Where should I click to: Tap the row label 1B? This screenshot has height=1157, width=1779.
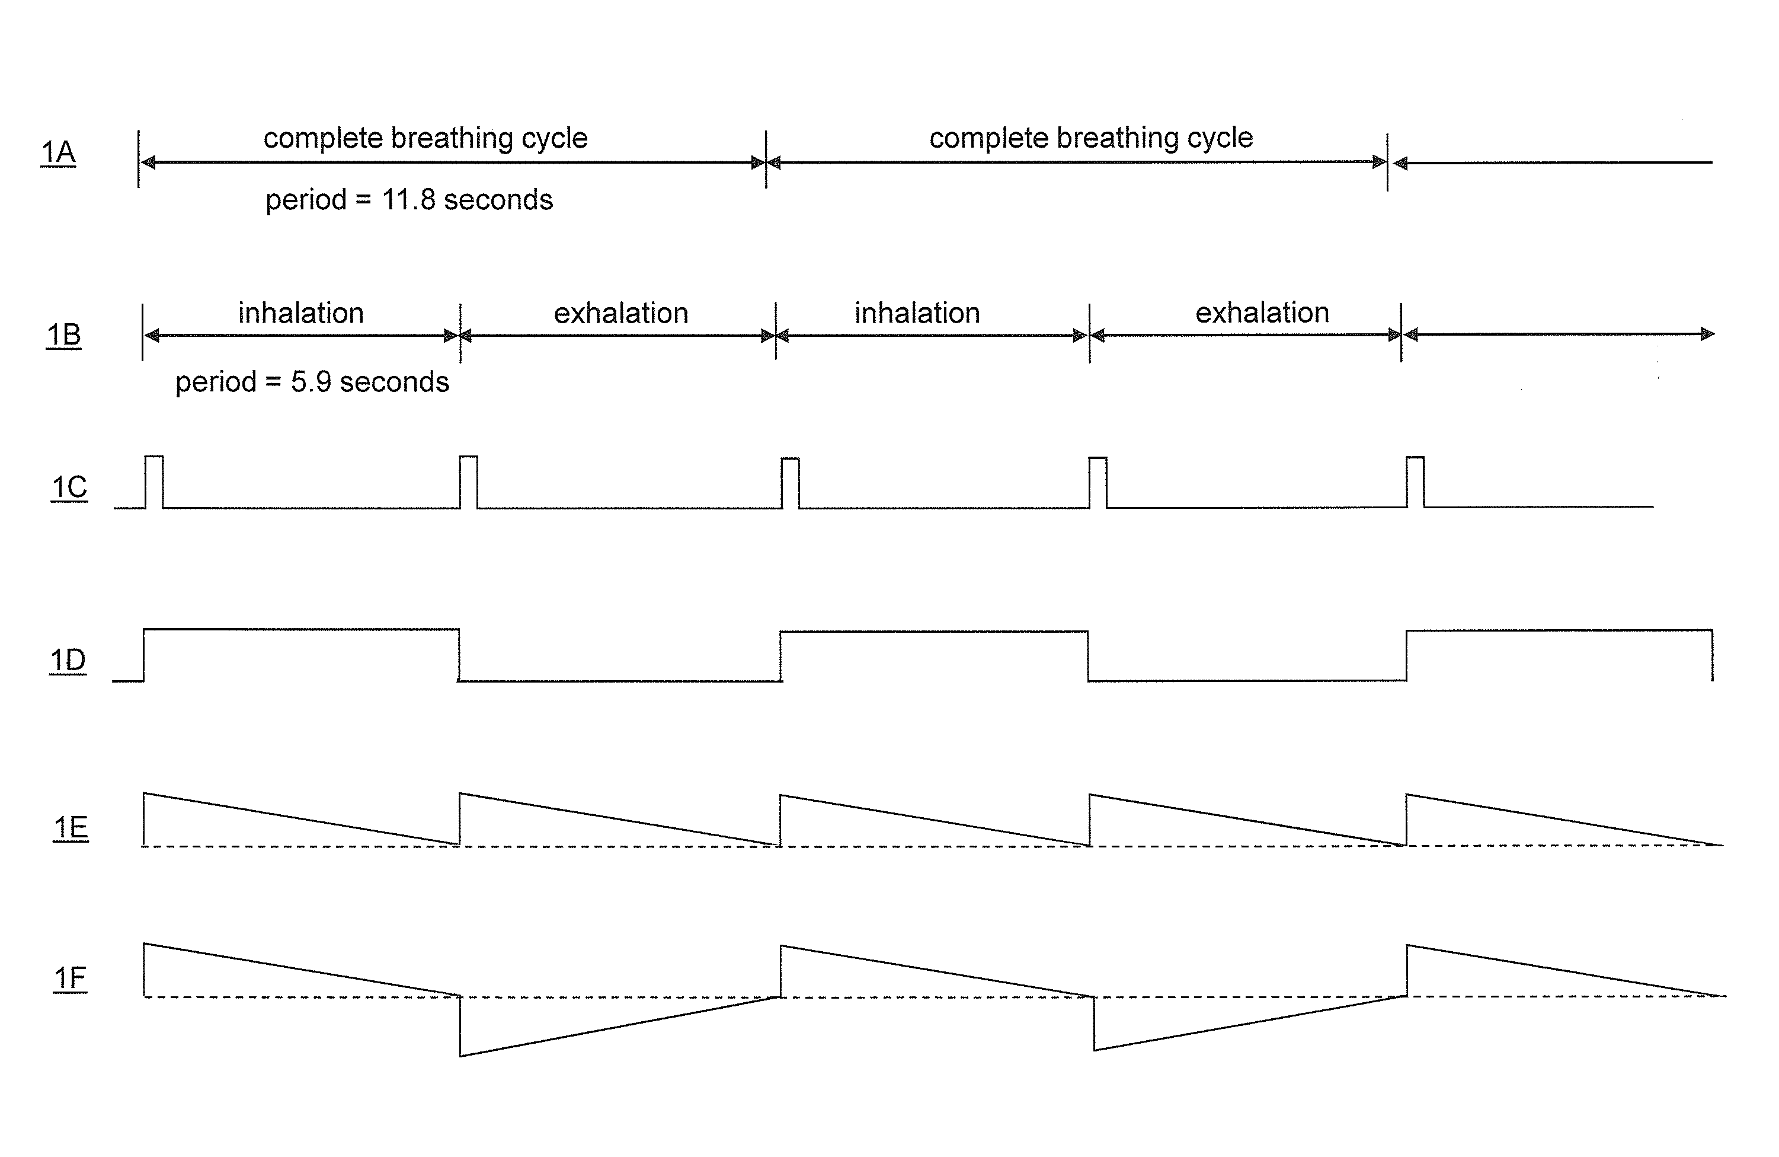[63, 335]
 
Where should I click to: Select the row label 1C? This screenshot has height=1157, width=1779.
[69, 487]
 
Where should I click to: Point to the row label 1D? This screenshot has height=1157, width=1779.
[68, 661]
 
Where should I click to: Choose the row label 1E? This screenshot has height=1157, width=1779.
[71, 828]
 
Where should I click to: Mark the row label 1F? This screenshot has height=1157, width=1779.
[71, 978]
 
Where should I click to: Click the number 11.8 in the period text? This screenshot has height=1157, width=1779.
[408, 200]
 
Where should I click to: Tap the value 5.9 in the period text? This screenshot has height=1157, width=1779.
[311, 382]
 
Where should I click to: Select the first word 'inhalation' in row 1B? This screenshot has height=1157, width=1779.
[300, 313]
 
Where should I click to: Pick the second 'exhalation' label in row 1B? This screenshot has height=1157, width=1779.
[1262, 313]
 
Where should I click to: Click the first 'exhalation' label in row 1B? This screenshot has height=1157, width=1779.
[620, 313]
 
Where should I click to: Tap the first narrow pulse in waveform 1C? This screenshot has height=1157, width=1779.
[154, 481]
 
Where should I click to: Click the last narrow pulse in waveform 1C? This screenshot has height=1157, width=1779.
[1415, 482]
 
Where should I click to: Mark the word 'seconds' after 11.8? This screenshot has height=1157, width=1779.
[498, 200]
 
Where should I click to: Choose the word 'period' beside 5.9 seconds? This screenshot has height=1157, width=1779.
[216, 382]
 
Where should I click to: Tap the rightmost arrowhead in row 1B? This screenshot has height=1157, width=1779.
[1707, 334]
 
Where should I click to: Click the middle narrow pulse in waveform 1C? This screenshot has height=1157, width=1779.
[790, 482]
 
